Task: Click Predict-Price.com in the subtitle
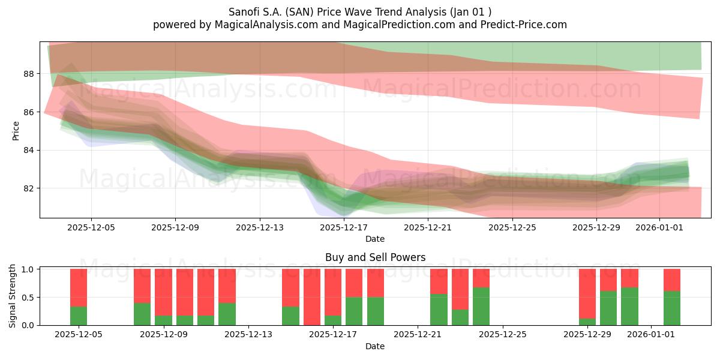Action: (x=521, y=25)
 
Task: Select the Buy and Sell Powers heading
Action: (x=375, y=257)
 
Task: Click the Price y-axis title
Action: (x=16, y=130)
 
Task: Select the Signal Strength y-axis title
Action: (x=13, y=296)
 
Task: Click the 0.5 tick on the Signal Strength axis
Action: (x=28, y=297)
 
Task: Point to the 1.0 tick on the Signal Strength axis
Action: (x=28, y=269)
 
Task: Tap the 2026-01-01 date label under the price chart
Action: (x=659, y=227)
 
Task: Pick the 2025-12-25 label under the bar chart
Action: (x=502, y=335)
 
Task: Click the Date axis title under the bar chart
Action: (x=375, y=346)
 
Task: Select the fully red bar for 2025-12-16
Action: (x=312, y=297)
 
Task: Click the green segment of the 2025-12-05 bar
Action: (x=79, y=316)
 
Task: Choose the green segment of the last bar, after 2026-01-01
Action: (x=672, y=308)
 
